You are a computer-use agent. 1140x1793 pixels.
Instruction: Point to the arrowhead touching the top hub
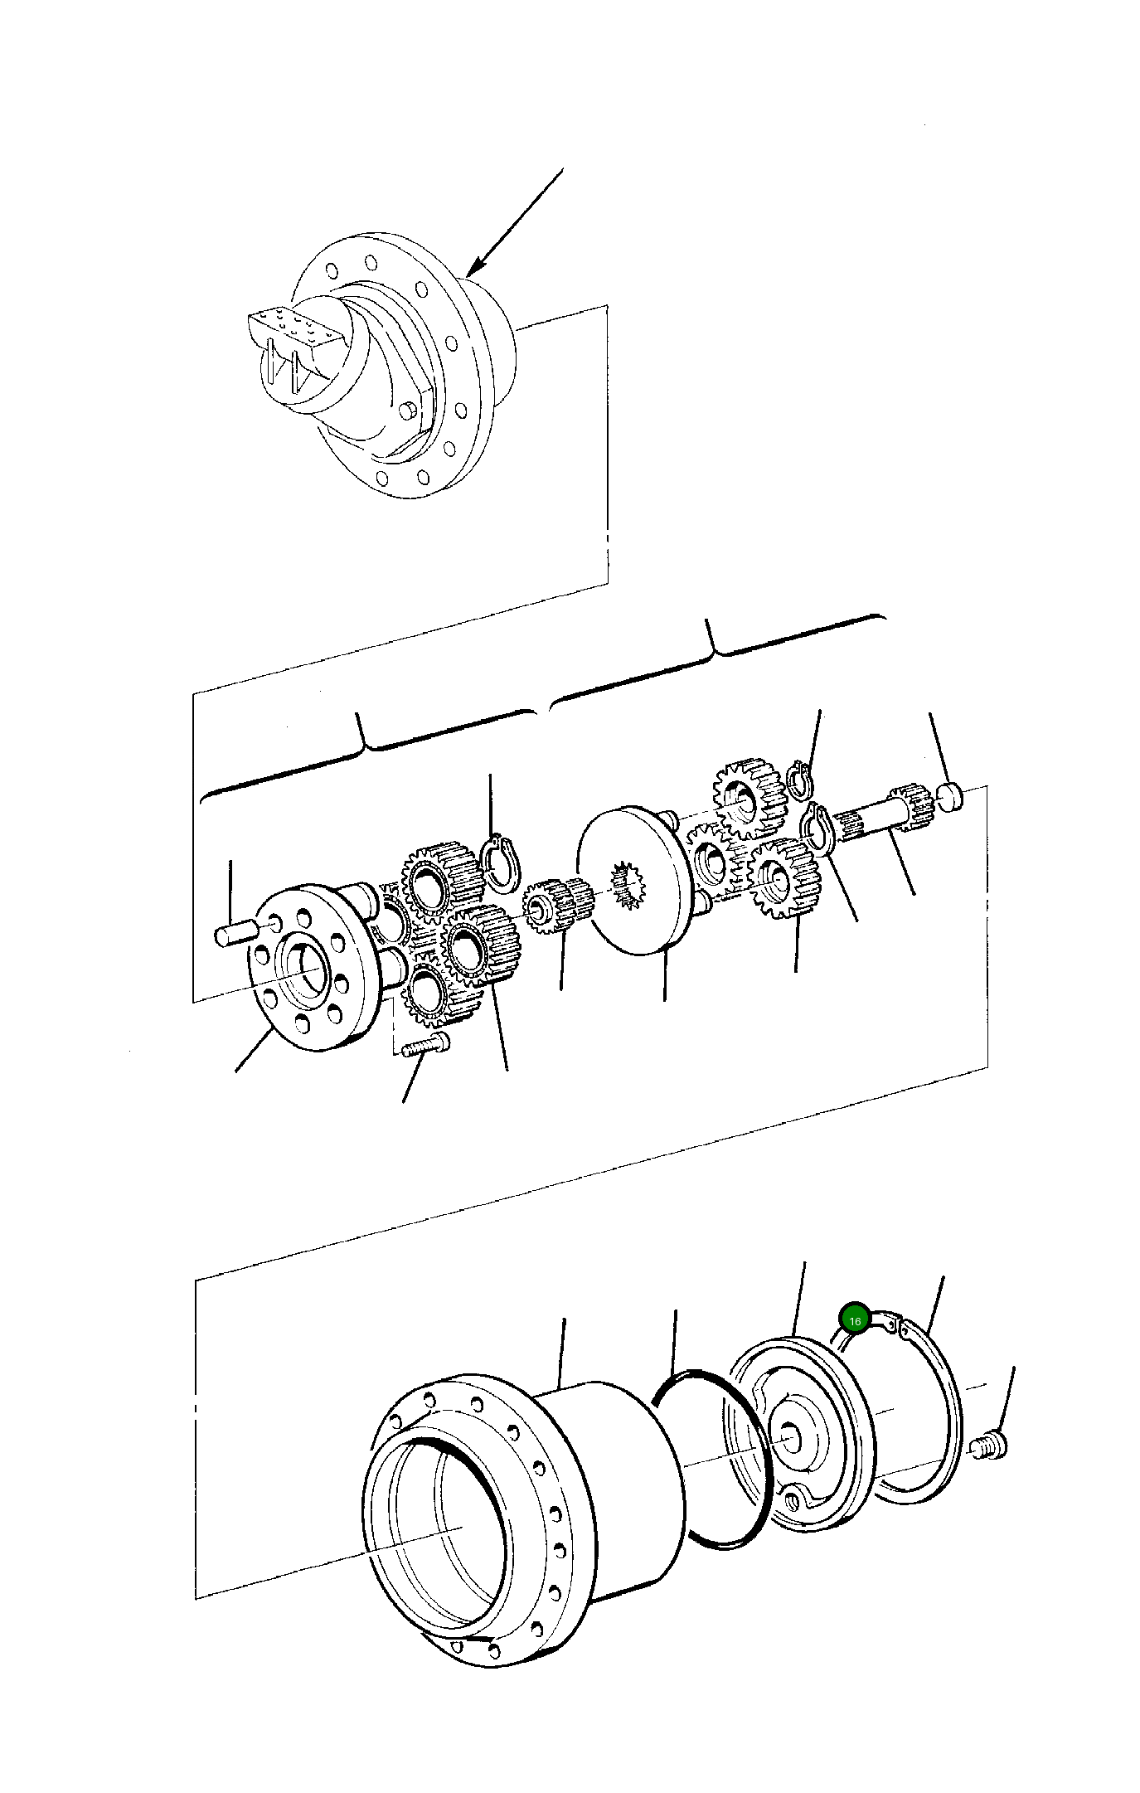[470, 273]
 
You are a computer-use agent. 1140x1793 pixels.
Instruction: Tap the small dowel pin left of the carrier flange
[236, 934]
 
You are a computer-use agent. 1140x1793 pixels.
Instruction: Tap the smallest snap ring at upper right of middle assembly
[801, 780]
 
